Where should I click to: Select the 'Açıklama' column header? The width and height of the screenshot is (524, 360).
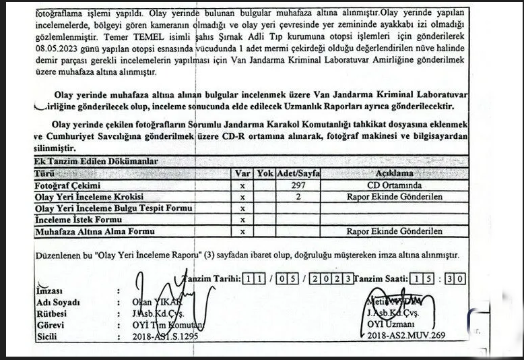point(394,173)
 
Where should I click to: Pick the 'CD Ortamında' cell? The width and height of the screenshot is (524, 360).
point(394,185)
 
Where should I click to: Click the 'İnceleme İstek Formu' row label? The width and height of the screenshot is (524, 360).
point(73,220)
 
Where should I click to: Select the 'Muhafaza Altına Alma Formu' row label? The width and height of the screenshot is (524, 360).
point(94,231)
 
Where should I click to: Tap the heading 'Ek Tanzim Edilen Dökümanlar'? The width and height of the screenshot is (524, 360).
point(96,162)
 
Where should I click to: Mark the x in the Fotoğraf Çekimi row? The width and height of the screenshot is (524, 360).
point(241,185)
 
